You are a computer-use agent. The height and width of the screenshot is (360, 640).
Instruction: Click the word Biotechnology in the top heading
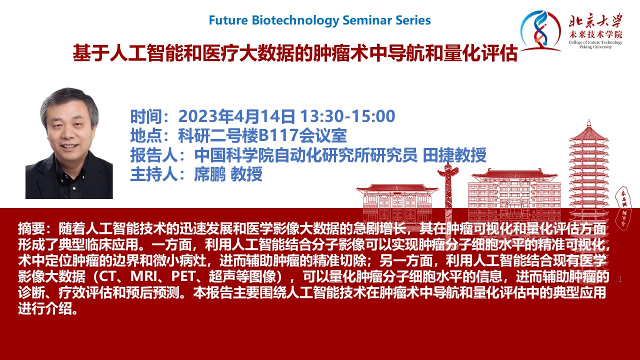coord(295,20)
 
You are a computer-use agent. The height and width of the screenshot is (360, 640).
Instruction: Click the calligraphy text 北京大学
coord(595,21)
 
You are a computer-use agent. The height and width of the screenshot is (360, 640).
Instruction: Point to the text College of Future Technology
coord(595,42)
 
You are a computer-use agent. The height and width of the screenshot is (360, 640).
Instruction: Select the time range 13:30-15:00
coord(347,116)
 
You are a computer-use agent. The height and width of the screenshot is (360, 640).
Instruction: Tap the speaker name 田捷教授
coord(454,155)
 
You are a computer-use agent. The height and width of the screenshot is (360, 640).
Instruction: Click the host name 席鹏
coord(210,174)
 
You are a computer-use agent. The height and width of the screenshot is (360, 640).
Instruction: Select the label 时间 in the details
coord(146,116)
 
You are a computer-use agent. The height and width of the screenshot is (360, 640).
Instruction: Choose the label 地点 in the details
coord(146,135)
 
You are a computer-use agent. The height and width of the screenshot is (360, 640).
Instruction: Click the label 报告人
coord(154,155)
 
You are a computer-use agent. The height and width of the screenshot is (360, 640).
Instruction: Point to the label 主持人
coord(154,174)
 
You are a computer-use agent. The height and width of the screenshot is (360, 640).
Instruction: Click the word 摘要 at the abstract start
coord(31,228)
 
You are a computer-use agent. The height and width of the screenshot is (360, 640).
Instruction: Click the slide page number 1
coord(620,279)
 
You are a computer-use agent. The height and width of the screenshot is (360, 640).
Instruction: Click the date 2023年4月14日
coord(237,116)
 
